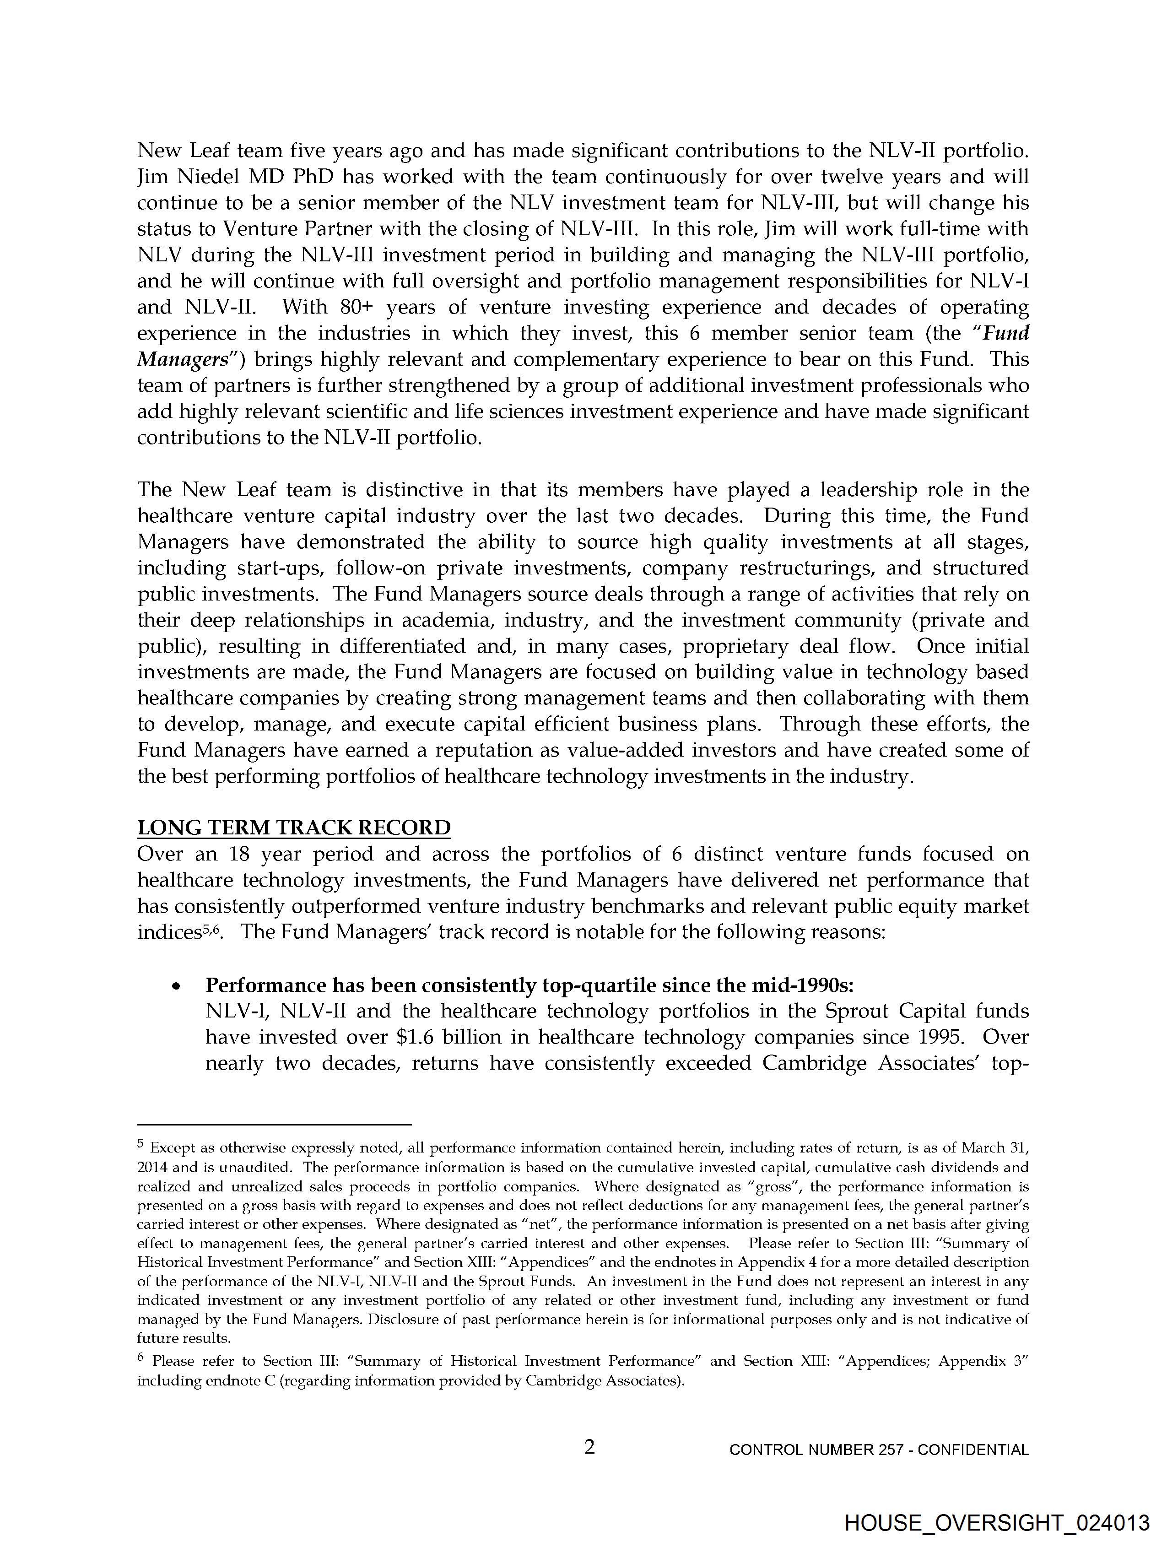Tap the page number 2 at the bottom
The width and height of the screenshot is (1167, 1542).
pos(590,1447)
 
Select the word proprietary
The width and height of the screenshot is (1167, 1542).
pos(735,646)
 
